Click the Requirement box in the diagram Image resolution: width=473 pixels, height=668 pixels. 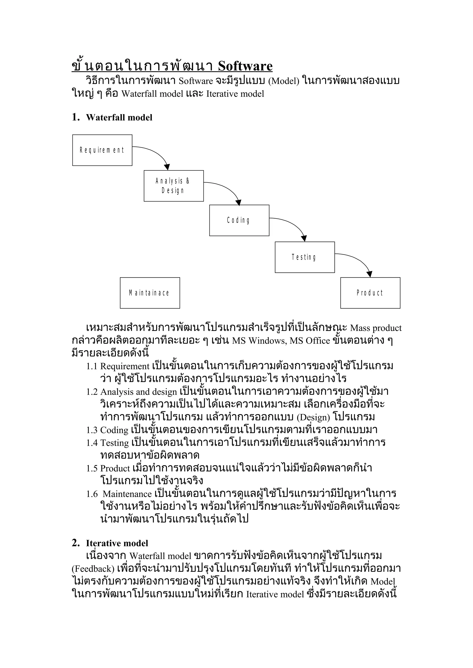click(x=102, y=150)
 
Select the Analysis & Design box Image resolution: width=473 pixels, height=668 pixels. click(x=174, y=186)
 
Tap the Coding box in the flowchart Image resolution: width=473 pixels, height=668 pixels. click(x=239, y=220)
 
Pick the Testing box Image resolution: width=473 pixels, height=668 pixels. click(x=305, y=257)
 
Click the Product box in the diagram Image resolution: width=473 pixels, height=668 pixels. click(x=370, y=293)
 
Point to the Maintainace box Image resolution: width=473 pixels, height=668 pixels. click(x=150, y=293)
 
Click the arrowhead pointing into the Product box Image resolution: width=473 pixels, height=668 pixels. click(x=370, y=274)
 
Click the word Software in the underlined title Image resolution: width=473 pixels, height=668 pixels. click(x=245, y=66)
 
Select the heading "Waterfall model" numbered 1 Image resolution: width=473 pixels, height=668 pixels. click(x=119, y=118)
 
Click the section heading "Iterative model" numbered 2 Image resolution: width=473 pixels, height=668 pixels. click(x=117, y=543)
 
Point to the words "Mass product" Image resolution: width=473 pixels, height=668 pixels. click(x=376, y=328)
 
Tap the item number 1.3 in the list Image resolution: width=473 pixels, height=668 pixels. click(x=92, y=430)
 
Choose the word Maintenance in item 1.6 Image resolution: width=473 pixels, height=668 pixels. click(x=127, y=494)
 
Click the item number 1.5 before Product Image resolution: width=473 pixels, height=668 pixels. click(x=92, y=469)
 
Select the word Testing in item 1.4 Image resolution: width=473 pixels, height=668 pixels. click(x=114, y=443)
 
